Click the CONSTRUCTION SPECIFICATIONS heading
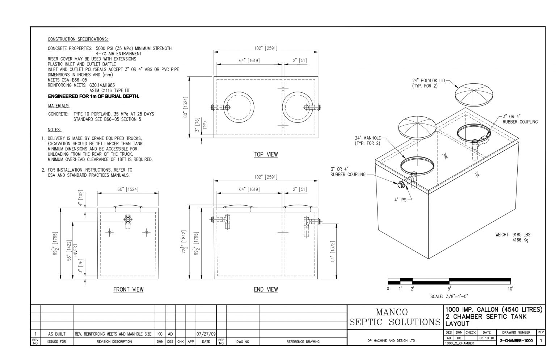[78, 39]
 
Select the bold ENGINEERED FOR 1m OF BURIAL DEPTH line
[93, 96]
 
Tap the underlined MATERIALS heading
[59, 106]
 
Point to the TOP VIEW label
[266, 155]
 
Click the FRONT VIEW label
[128, 289]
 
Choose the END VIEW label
[266, 289]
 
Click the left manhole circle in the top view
[237, 107]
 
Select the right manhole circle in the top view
[296, 107]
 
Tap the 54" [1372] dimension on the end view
[333, 251]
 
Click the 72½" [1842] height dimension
[184, 244]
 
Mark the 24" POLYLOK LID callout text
[427, 83]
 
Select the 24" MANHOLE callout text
[367, 141]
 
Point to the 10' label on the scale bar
[510, 289]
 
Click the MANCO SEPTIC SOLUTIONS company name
[394, 317]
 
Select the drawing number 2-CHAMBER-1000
[516, 341]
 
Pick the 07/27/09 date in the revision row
[206, 334]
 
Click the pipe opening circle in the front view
[128, 219]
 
